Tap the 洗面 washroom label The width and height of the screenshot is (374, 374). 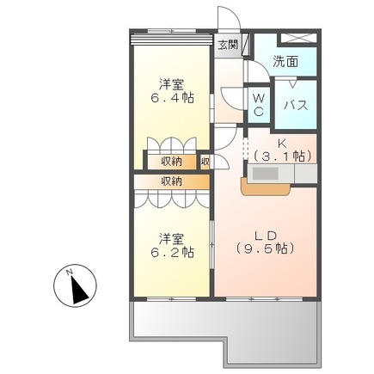point(286,62)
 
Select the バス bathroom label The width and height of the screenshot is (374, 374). point(297,105)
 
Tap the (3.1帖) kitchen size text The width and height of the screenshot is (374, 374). point(283,156)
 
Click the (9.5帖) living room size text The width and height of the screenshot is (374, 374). point(266,248)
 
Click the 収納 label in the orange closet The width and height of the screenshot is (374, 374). point(171,181)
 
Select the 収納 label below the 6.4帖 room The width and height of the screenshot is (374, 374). point(171,161)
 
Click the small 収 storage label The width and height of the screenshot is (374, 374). point(205,161)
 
